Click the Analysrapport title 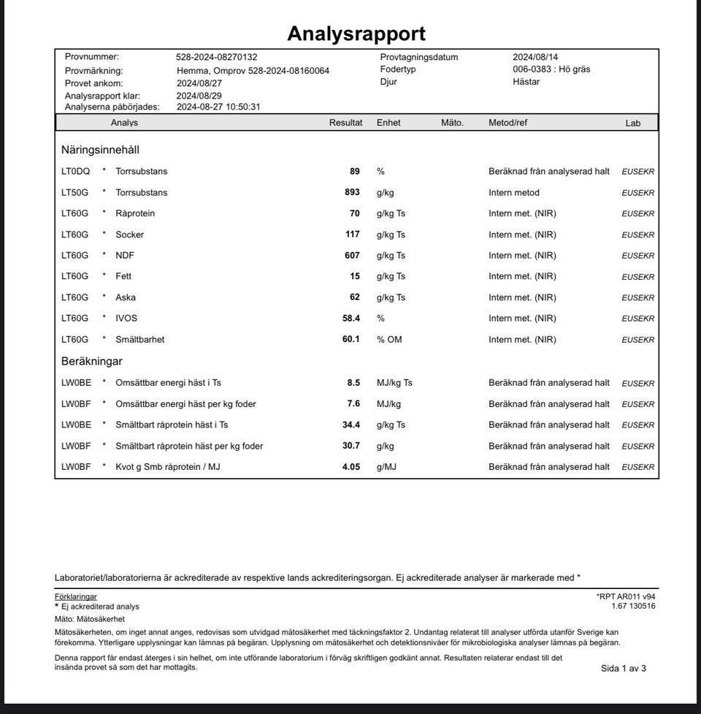[x=356, y=34]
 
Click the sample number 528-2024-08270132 [x=216, y=57]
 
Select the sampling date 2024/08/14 [x=535, y=57]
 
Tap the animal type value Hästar [x=526, y=82]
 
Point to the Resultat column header [x=345, y=123]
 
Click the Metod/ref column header [x=507, y=123]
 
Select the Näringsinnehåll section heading [x=100, y=150]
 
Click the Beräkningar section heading [x=91, y=361]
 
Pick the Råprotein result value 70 [x=355, y=213]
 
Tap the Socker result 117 [x=353, y=235]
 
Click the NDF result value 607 [x=352, y=256]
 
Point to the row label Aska [x=126, y=297]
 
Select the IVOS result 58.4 [x=351, y=319]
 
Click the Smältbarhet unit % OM [x=389, y=340]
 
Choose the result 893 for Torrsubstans [x=352, y=192]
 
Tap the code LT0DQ [x=75, y=172]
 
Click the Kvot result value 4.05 [x=351, y=467]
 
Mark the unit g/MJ [x=387, y=467]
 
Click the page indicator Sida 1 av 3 [x=623, y=668]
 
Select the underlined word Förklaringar [x=75, y=597]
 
